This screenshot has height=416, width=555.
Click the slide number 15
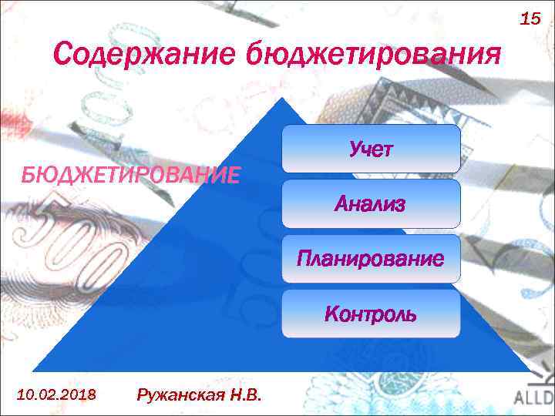coord(530,18)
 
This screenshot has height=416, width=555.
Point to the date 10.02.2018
coord(56,394)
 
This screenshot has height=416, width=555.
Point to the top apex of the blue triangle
coord(283,99)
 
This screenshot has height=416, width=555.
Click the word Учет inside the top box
coord(370,149)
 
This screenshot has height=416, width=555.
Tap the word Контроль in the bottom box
coord(370,314)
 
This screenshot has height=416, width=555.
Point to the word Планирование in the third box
coord(370,259)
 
